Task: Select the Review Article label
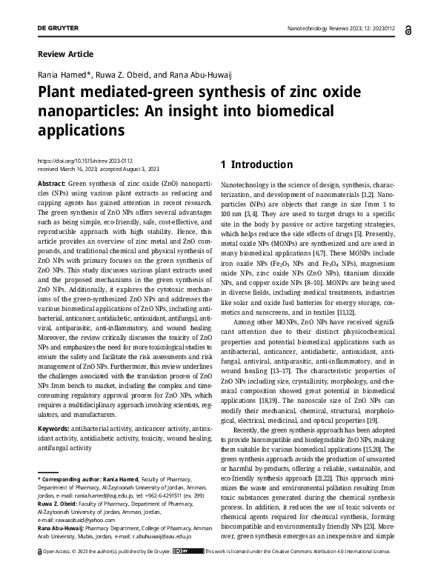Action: [x=65, y=54]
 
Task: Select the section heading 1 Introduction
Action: [x=257, y=164]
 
